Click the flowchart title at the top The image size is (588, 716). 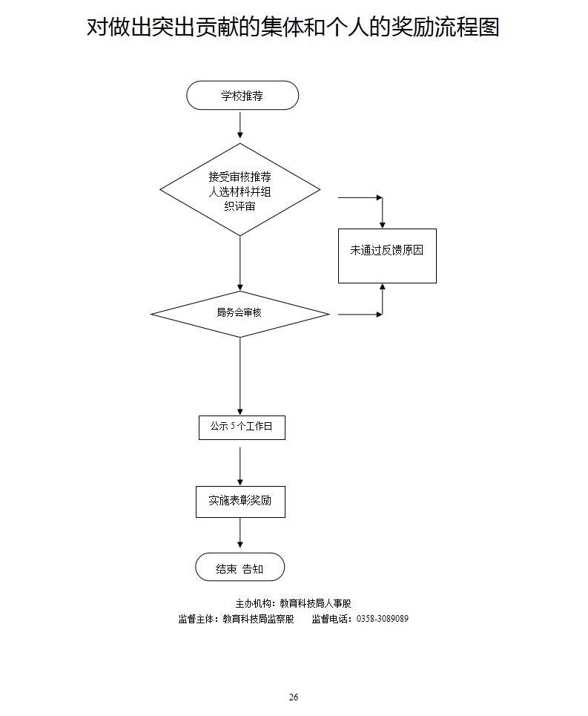[x=293, y=27]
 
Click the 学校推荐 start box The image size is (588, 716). [x=242, y=96]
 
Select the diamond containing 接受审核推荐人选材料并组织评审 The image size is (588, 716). [x=240, y=190]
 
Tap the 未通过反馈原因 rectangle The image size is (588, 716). [x=387, y=252]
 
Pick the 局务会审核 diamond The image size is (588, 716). [x=240, y=314]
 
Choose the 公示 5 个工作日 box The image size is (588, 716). [x=242, y=427]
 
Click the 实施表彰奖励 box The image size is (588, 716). [x=240, y=502]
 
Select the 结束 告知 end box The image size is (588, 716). [x=240, y=568]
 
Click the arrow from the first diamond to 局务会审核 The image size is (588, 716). [x=240, y=263]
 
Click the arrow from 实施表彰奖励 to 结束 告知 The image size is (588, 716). [x=240, y=534]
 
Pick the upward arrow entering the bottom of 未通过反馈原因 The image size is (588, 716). [x=382, y=298]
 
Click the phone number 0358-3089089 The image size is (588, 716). [x=383, y=619]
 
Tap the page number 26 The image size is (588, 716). [x=294, y=697]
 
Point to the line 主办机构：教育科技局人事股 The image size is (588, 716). [x=293, y=604]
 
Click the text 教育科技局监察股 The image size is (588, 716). [x=259, y=619]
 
